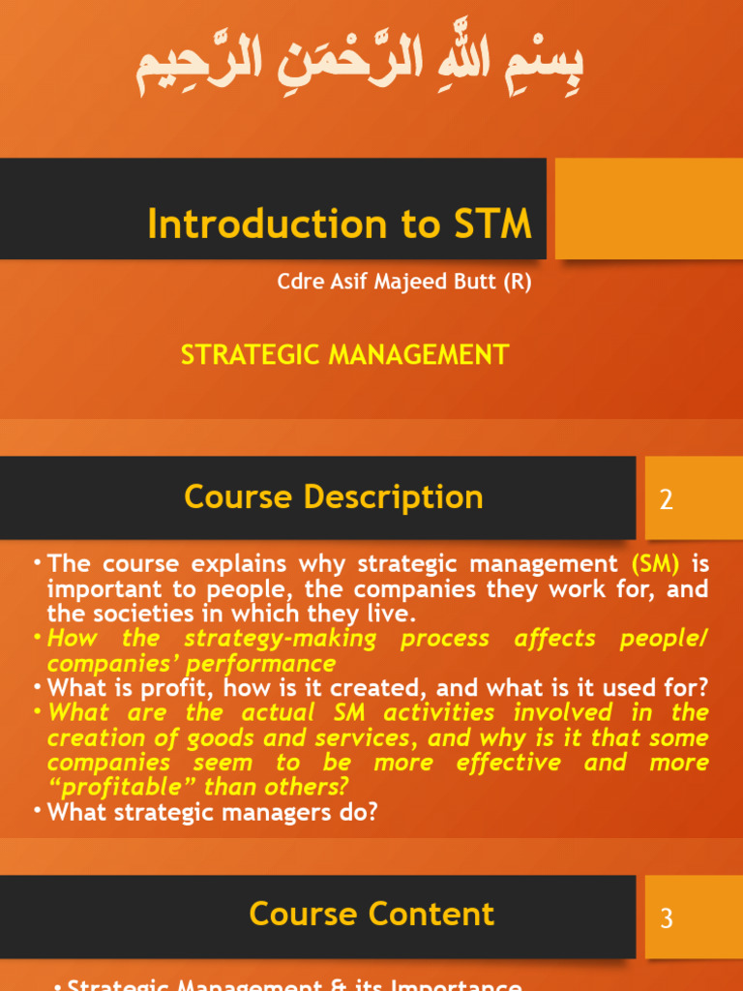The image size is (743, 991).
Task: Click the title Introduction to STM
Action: pyautogui.click(x=340, y=225)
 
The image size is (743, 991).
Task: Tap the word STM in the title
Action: pyautogui.click(x=491, y=225)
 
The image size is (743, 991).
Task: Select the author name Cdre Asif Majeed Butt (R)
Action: pyautogui.click(x=404, y=283)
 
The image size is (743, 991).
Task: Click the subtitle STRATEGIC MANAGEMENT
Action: pyautogui.click(x=344, y=355)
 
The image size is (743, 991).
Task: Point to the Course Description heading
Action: pyautogui.click(x=334, y=497)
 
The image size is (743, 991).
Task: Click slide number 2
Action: pyautogui.click(x=666, y=500)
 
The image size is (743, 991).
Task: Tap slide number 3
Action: pyautogui.click(x=666, y=918)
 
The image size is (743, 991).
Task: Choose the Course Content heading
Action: pyautogui.click(x=371, y=915)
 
